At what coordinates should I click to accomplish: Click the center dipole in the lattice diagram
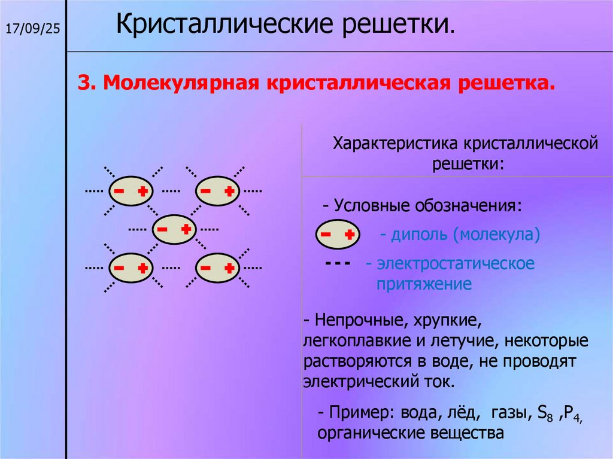click(174, 229)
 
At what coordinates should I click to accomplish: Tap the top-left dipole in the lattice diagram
click(130, 191)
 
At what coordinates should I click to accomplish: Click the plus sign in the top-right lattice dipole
click(229, 191)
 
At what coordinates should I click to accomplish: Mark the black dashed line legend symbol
click(341, 264)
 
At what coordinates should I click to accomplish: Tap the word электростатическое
click(455, 263)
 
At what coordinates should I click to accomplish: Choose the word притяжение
click(424, 283)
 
